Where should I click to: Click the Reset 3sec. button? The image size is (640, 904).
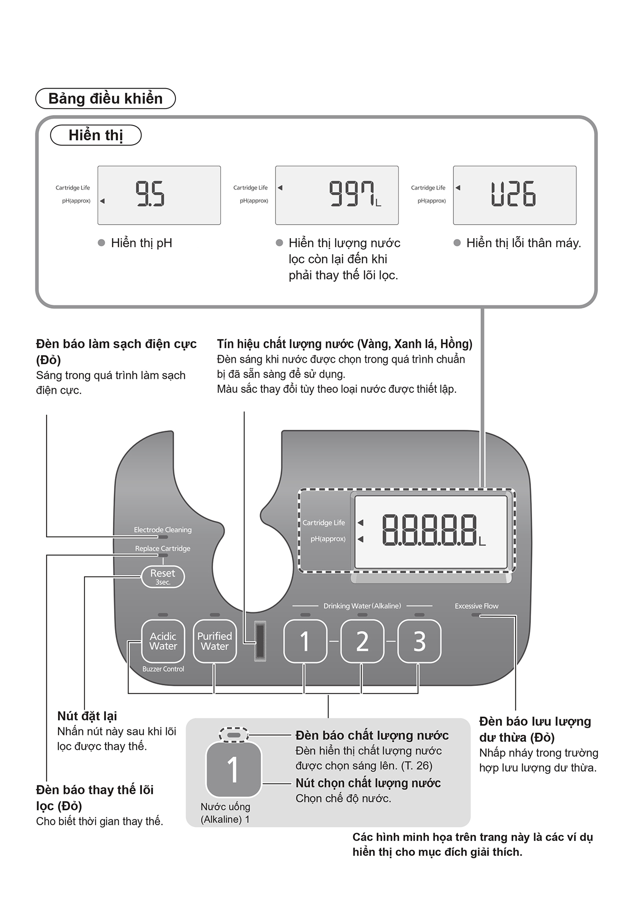[162, 577]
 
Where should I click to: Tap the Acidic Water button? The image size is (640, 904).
[163, 641]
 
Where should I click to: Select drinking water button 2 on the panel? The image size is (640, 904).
[362, 641]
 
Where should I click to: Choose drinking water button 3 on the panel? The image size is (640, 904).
[419, 641]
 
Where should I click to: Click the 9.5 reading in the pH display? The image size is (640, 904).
[150, 194]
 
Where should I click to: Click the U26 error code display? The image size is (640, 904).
[513, 194]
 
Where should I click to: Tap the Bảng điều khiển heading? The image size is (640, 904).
[105, 99]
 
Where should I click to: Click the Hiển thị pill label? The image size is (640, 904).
[96, 135]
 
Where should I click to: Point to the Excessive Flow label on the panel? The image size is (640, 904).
[476, 606]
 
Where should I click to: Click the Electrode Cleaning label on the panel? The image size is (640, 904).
[162, 530]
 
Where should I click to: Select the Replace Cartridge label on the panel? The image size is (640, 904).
[162, 548]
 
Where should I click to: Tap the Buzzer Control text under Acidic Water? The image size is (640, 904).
[163, 669]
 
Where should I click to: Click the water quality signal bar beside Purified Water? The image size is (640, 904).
[260, 641]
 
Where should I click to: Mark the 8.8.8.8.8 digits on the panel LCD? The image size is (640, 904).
[429, 530]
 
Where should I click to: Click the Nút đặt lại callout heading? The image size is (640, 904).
[87, 716]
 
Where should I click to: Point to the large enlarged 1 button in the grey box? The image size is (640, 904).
[233, 769]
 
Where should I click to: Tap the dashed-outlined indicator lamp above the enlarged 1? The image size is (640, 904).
[233, 735]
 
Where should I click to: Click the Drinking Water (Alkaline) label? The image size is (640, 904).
[362, 606]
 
